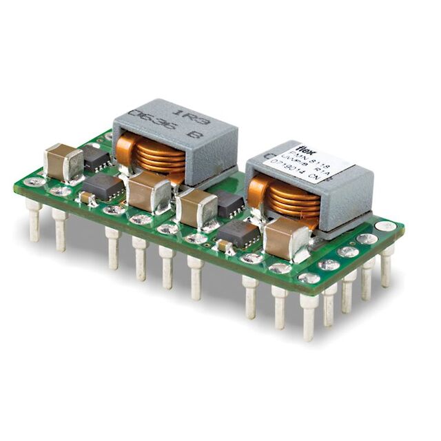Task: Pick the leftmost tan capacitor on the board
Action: tap(63, 163)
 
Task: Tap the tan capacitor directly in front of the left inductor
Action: tap(150, 192)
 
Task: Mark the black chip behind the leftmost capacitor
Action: tap(96, 158)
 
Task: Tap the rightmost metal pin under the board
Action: tap(386, 265)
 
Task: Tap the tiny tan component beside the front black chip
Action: tap(223, 245)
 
